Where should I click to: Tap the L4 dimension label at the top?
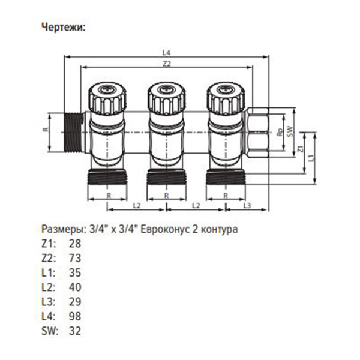pos(166,53)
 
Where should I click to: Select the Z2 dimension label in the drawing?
pos(166,64)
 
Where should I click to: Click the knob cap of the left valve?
pos(107,95)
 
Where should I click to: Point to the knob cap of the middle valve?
pos(166,95)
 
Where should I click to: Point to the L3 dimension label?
pos(246,205)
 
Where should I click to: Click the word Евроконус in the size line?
pos(170,229)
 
